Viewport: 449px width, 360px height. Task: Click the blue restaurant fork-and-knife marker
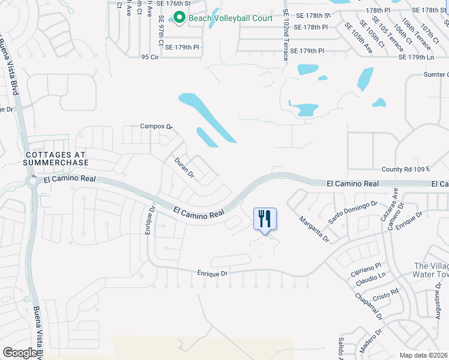click(265, 219)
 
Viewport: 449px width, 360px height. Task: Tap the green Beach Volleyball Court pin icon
click(179, 18)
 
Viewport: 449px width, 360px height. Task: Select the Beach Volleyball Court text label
click(231, 19)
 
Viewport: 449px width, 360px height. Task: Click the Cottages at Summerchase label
click(56, 158)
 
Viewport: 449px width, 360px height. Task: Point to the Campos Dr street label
click(156, 127)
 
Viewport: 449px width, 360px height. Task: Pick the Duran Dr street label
click(184, 168)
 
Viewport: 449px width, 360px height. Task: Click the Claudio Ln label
click(370, 280)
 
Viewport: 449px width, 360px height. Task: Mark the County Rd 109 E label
click(406, 170)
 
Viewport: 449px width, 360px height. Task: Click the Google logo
click(20, 353)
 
